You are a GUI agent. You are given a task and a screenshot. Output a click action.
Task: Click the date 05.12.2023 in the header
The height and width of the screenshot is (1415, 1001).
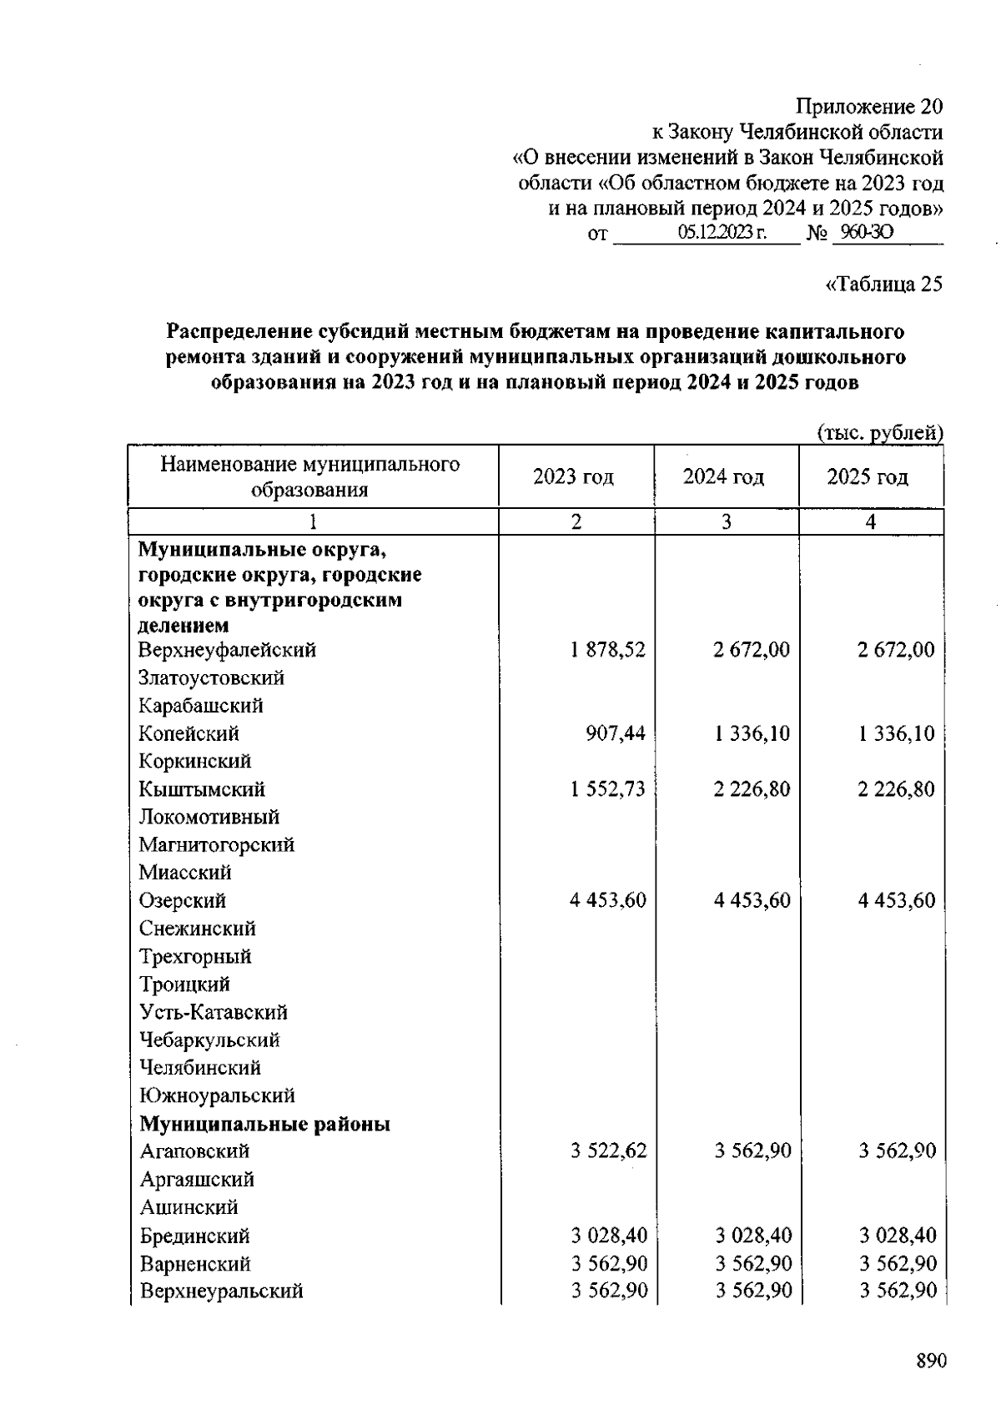point(722,233)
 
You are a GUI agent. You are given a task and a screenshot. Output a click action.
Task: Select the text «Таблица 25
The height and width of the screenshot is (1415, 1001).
point(883,285)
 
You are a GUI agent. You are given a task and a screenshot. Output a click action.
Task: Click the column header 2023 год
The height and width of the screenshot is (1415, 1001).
point(573,476)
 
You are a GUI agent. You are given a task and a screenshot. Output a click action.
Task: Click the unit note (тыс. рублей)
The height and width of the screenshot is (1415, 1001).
point(878,432)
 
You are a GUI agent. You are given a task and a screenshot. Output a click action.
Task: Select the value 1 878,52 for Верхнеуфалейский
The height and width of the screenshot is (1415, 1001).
point(608,649)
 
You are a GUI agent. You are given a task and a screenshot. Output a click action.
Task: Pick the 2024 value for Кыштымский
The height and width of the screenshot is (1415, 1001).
point(752,788)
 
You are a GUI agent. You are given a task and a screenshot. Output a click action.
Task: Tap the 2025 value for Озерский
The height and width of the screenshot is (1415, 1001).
point(897,900)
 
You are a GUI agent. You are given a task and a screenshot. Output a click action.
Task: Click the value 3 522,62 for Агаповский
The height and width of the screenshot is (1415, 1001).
point(609,1151)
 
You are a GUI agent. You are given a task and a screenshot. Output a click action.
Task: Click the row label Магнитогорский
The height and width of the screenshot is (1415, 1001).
point(216,844)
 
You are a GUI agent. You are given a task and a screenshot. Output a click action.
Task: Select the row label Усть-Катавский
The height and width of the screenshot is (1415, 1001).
point(213,1012)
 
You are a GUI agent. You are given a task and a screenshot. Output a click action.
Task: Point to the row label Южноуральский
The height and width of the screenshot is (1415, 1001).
point(217,1095)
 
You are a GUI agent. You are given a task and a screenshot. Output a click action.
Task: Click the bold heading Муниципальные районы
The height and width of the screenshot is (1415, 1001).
point(264,1124)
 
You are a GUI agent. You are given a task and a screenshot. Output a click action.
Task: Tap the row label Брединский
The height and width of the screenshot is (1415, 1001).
point(194,1236)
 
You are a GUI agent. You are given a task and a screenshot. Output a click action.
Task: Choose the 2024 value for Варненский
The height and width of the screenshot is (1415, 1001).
point(753,1263)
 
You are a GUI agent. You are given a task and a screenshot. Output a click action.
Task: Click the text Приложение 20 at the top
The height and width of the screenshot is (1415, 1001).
point(869,107)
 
